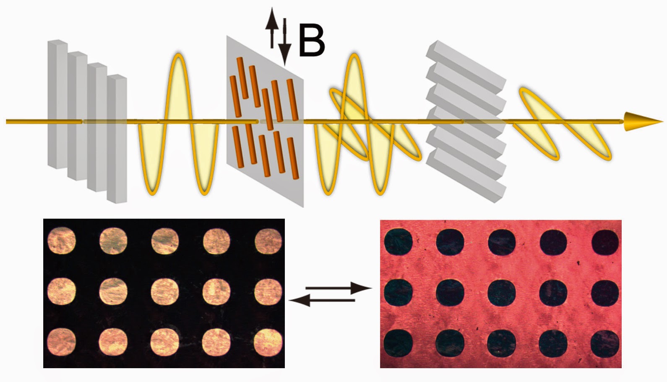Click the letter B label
pyautogui.click(x=312, y=41)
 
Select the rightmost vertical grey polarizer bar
pyautogui.click(x=117, y=138)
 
